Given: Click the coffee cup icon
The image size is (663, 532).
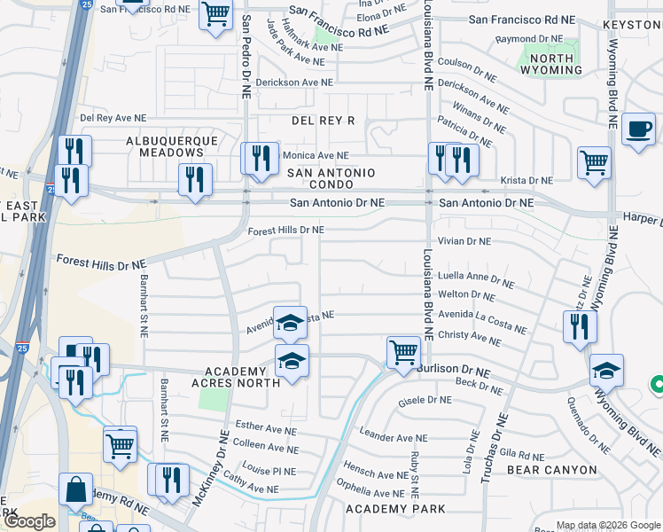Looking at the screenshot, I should [638, 129].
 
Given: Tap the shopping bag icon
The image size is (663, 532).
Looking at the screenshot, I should [76, 489].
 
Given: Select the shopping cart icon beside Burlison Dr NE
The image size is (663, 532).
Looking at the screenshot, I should [403, 352].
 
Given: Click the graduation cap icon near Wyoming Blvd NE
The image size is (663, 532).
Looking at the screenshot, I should [607, 370].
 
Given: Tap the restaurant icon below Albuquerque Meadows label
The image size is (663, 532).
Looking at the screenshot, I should [195, 179].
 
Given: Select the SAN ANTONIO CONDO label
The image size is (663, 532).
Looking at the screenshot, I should [329, 178].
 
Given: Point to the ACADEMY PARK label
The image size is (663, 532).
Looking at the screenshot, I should [395, 509].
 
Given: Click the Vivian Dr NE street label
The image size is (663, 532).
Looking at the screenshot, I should [464, 241].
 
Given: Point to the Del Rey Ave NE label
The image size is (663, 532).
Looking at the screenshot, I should [113, 117].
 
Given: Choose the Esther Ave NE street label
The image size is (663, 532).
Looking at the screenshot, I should [264, 429].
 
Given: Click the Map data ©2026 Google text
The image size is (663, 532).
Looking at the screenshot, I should [607, 525].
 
